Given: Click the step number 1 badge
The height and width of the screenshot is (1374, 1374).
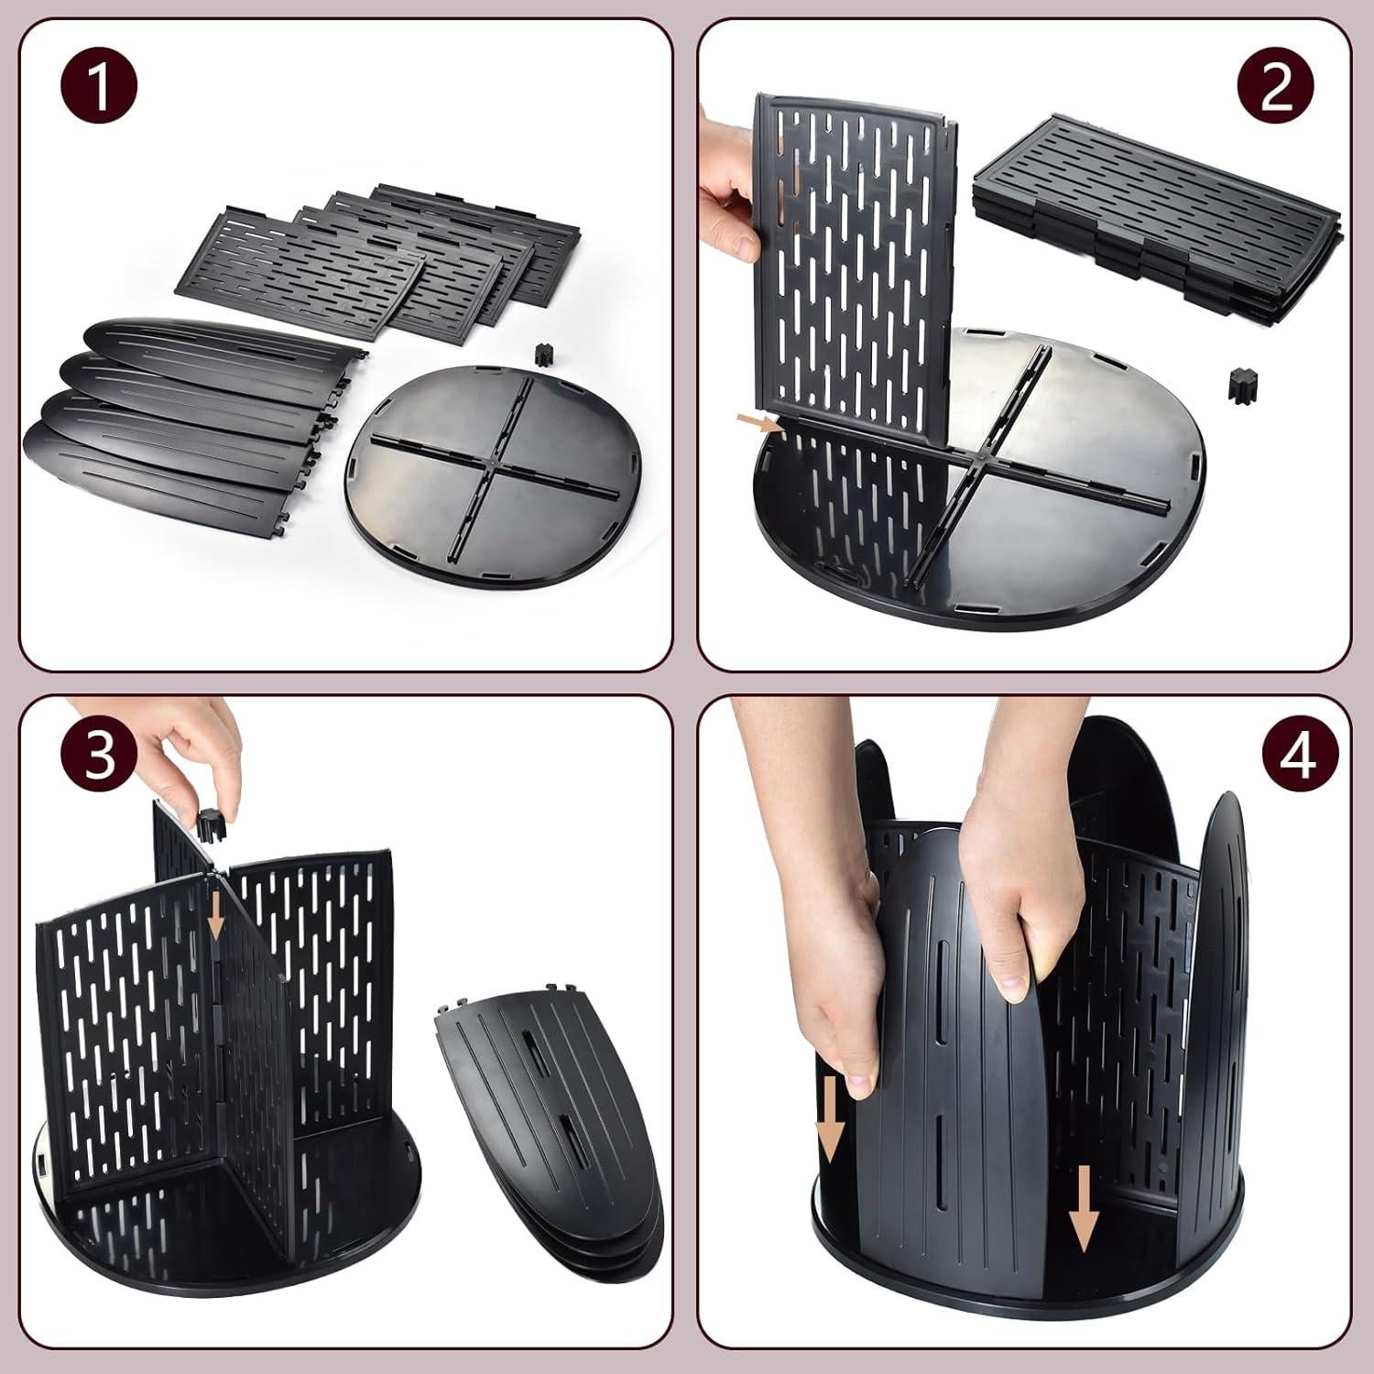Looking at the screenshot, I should (100, 89).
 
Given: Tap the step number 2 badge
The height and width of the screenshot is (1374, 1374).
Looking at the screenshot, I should (1276, 89).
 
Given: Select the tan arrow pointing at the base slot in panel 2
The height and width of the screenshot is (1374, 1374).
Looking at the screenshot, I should (759, 421).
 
